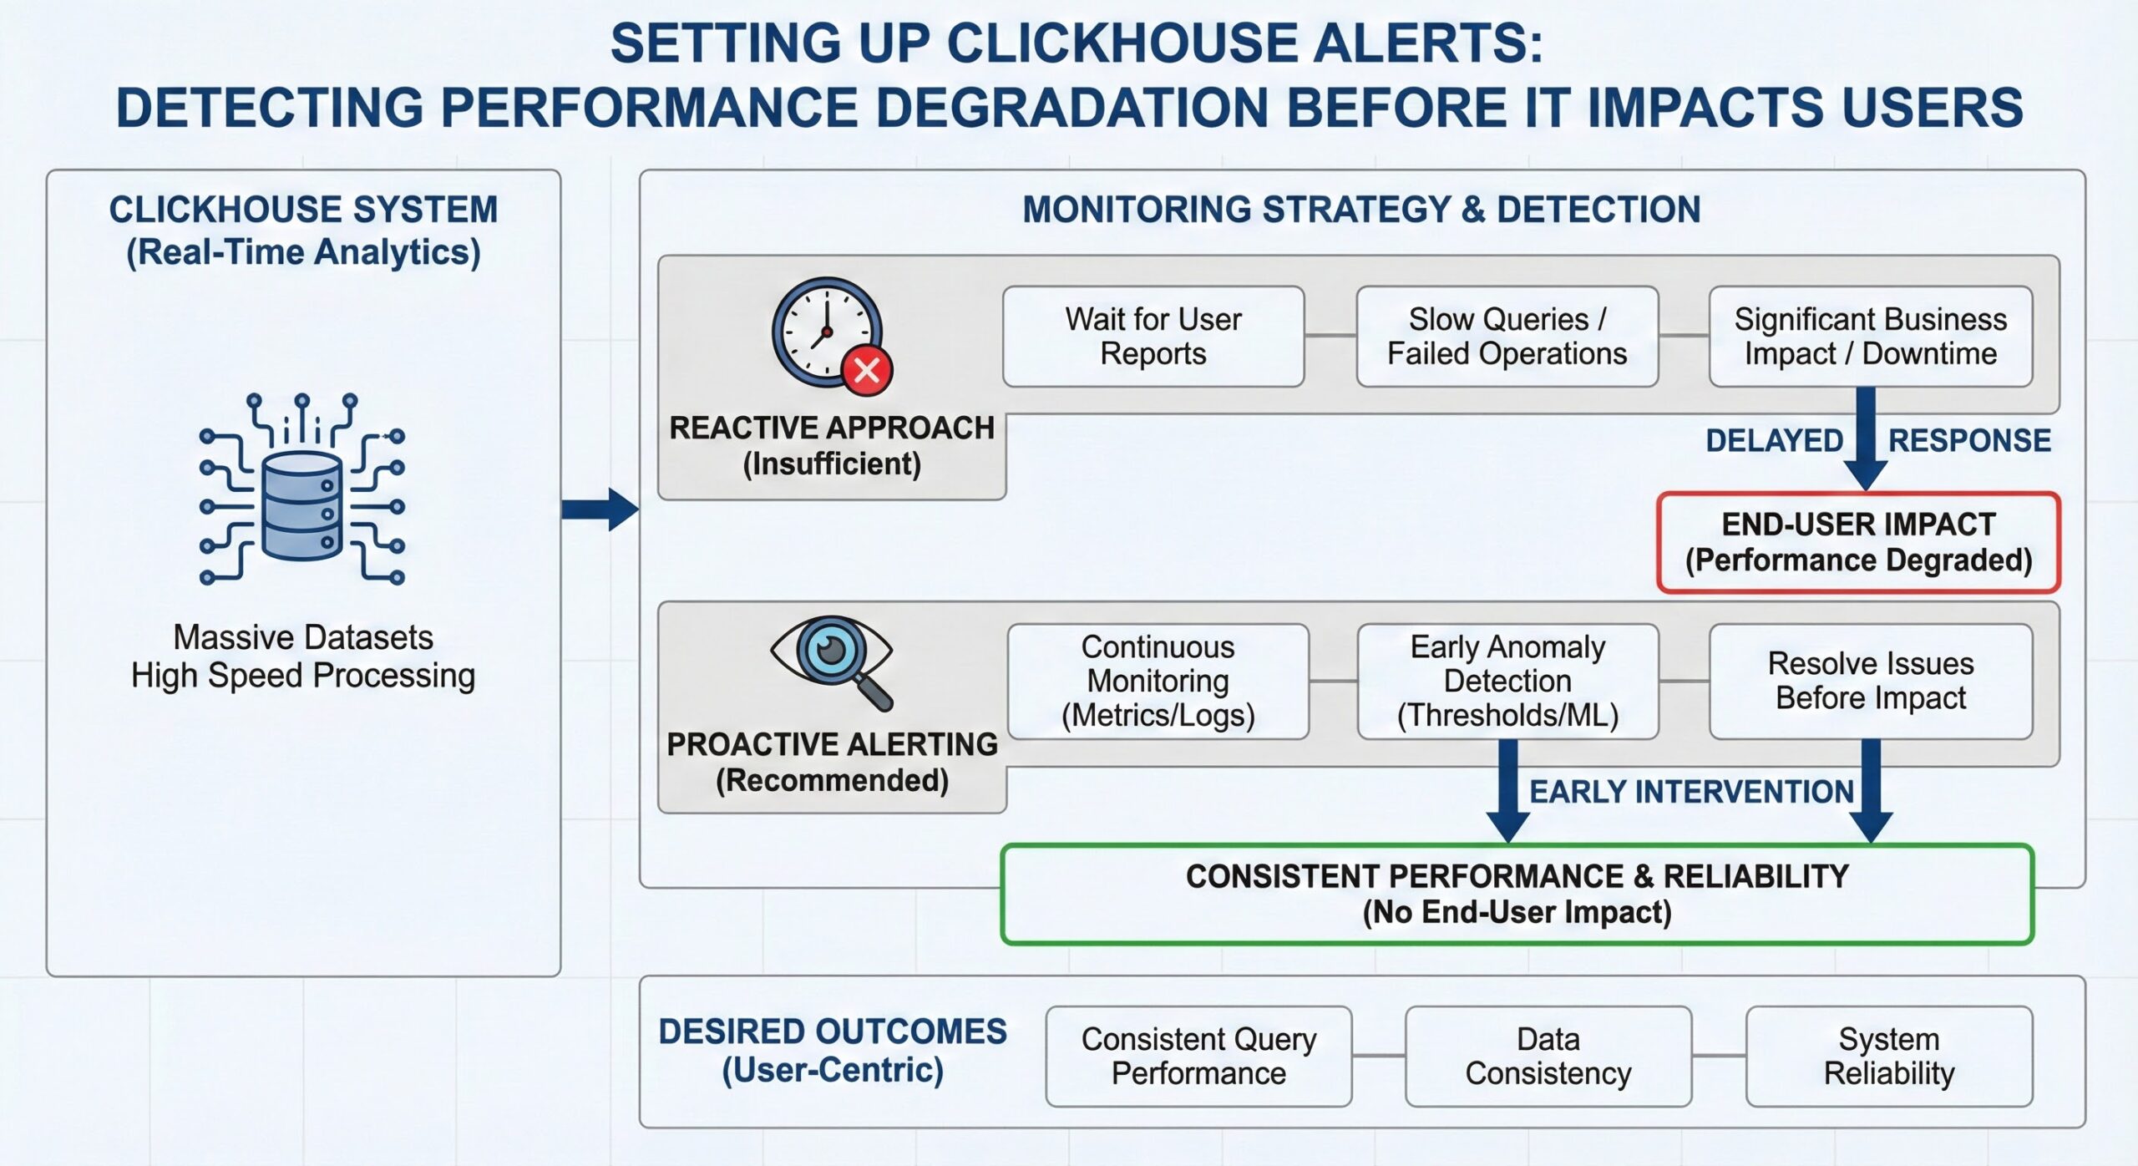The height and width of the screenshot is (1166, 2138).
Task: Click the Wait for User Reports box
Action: pos(1153,337)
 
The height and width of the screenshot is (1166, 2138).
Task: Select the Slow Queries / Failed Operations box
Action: pos(1507,337)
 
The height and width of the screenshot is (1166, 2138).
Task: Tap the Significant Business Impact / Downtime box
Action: pos(1870,337)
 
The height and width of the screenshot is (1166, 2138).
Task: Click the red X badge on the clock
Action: pos(867,369)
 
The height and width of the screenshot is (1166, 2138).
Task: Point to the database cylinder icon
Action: pos(301,506)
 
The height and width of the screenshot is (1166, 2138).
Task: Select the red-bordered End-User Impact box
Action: pos(1858,543)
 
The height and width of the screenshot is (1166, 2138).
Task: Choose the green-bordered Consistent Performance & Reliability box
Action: pos(1517,894)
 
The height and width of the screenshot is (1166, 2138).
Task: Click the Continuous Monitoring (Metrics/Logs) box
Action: pos(1158,682)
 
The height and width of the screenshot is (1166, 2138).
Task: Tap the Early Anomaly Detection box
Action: pos(1507,682)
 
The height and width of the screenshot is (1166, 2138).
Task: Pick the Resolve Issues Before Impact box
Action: pos(1870,682)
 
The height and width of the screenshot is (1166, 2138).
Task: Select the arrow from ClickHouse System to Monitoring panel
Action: pos(600,509)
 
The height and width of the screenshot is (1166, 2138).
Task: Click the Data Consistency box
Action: pos(1548,1057)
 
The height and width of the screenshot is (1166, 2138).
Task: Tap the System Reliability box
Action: pos(1888,1057)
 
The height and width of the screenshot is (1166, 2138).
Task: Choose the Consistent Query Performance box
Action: pos(1198,1057)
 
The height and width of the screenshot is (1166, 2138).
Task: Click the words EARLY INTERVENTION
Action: pos(1690,792)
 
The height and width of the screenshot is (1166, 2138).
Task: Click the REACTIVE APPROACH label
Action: pos(832,428)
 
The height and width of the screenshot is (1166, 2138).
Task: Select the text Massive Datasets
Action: pos(302,637)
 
